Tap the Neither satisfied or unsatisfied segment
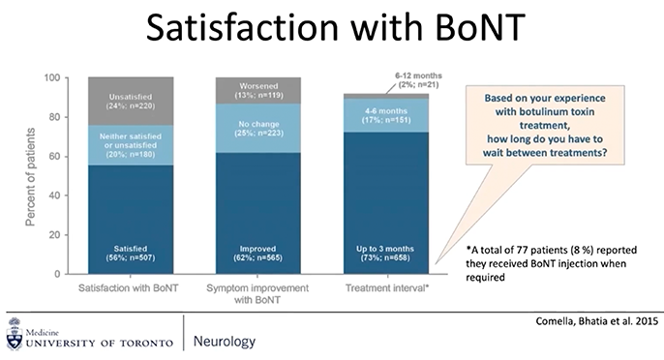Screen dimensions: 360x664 [130, 144]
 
